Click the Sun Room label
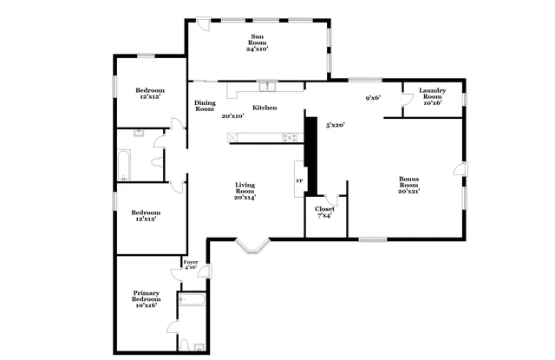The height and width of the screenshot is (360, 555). click(x=257, y=39)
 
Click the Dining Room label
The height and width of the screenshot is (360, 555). click(x=205, y=105)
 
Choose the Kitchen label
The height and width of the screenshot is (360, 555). click(x=264, y=108)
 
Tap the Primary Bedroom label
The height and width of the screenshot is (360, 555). click(x=146, y=296)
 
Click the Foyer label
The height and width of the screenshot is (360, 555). click(x=190, y=261)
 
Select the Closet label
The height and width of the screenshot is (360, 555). click(x=324, y=210)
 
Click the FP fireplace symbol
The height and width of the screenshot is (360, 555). click(x=299, y=180)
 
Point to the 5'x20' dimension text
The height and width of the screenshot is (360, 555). click(x=336, y=126)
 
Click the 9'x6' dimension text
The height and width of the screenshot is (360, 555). click(x=373, y=98)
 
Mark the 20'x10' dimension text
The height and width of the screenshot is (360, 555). click(x=232, y=115)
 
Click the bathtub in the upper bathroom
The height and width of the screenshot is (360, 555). click(x=124, y=166)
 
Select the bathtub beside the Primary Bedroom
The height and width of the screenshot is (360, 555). click(x=191, y=301)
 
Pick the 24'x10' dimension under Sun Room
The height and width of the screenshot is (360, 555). click(x=257, y=49)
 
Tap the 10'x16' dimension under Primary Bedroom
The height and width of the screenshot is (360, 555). click(x=146, y=305)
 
